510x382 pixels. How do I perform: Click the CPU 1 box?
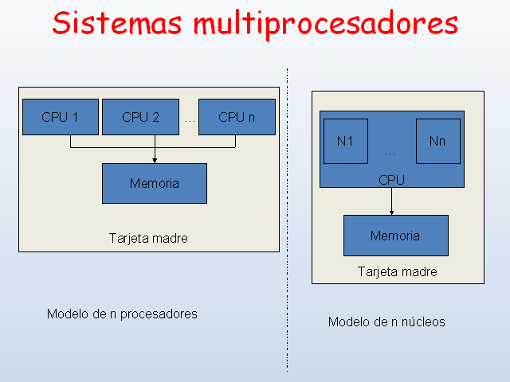60,117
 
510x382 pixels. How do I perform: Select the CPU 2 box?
140,117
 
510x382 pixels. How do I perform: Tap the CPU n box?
237,117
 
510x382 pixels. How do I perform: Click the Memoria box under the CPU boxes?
154,183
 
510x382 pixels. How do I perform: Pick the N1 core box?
345,141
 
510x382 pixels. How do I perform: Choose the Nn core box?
437,141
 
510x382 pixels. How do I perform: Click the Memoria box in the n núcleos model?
395,236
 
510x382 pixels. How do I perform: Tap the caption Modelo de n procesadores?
122,314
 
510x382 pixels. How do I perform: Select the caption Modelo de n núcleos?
386,322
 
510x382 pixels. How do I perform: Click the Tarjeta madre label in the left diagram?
148,238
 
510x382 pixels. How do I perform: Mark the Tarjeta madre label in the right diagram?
397,271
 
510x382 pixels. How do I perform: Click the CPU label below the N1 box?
391,181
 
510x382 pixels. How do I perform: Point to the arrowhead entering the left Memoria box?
155,160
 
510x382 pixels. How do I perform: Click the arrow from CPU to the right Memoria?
392,201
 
